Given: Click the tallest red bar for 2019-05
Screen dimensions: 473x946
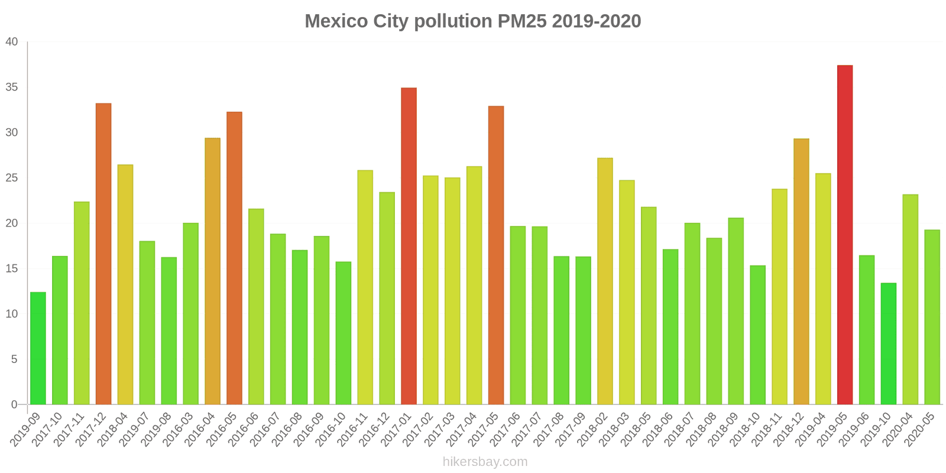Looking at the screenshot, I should click(845, 235).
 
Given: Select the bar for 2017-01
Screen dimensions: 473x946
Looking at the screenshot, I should click(409, 246).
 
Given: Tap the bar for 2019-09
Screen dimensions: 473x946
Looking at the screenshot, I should click(38, 348).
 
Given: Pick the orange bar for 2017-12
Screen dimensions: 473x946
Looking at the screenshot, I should click(103, 254).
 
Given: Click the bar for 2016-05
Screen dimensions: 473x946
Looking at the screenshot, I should click(234, 258).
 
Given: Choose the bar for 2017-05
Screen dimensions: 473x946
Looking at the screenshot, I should click(496, 255).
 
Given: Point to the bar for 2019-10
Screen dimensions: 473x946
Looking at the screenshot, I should click(888, 344).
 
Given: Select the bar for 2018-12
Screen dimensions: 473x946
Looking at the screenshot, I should click(801, 271).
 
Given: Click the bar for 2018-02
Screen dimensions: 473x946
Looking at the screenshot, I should click(605, 281).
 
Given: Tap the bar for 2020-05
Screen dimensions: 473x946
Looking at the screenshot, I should click(932, 317).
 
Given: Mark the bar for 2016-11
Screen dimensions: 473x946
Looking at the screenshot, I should click(365, 287).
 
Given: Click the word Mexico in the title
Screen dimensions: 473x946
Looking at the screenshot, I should click(335, 21).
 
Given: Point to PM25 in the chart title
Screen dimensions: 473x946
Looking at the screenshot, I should click(521, 21).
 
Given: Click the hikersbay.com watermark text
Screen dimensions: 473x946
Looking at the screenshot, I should click(485, 462).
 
